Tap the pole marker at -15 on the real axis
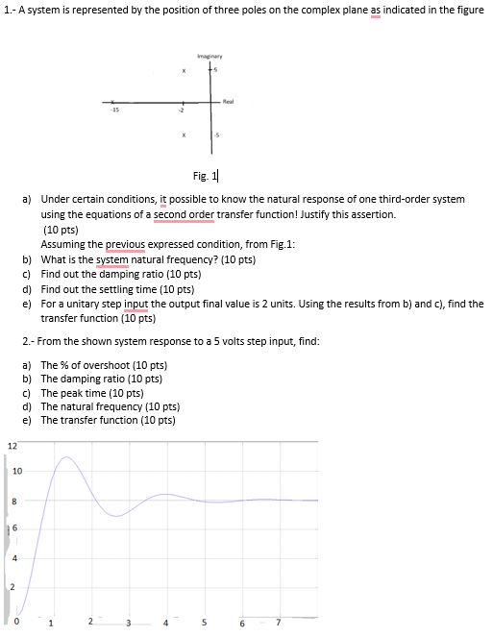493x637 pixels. [113, 103]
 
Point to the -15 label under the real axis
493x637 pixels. [113, 111]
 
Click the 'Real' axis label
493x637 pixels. [229, 99]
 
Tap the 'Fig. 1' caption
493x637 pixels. [205, 175]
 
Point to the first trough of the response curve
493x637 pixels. [116, 516]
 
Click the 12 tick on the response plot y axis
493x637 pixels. [12, 445]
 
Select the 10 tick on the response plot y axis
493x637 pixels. [18, 471]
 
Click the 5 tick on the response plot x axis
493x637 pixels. [204, 621]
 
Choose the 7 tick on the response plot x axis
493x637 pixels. [277, 621]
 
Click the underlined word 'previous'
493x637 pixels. [130, 244]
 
